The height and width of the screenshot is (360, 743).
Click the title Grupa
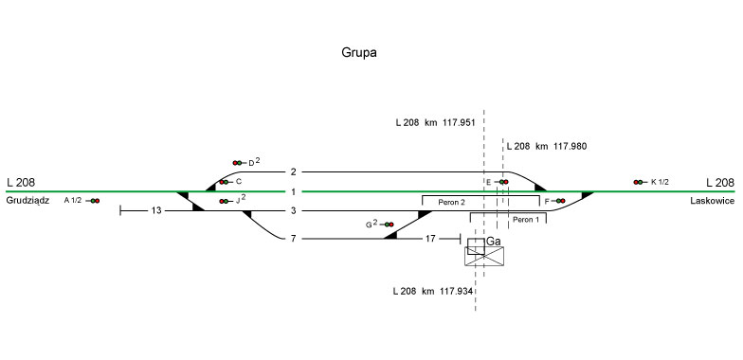click(x=358, y=53)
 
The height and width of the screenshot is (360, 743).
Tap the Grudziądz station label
click(x=28, y=201)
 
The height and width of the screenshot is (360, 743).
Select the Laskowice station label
click(x=713, y=201)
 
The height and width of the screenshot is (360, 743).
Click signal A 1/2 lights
click(x=95, y=201)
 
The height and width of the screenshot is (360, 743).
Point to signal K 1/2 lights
click(x=638, y=182)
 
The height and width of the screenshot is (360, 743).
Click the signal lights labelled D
click(x=237, y=163)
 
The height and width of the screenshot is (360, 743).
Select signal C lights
click(x=224, y=182)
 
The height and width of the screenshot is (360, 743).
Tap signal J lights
click(x=224, y=201)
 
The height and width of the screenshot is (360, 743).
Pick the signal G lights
click(x=389, y=225)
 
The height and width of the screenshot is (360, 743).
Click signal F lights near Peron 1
click(x=561, y=201)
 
